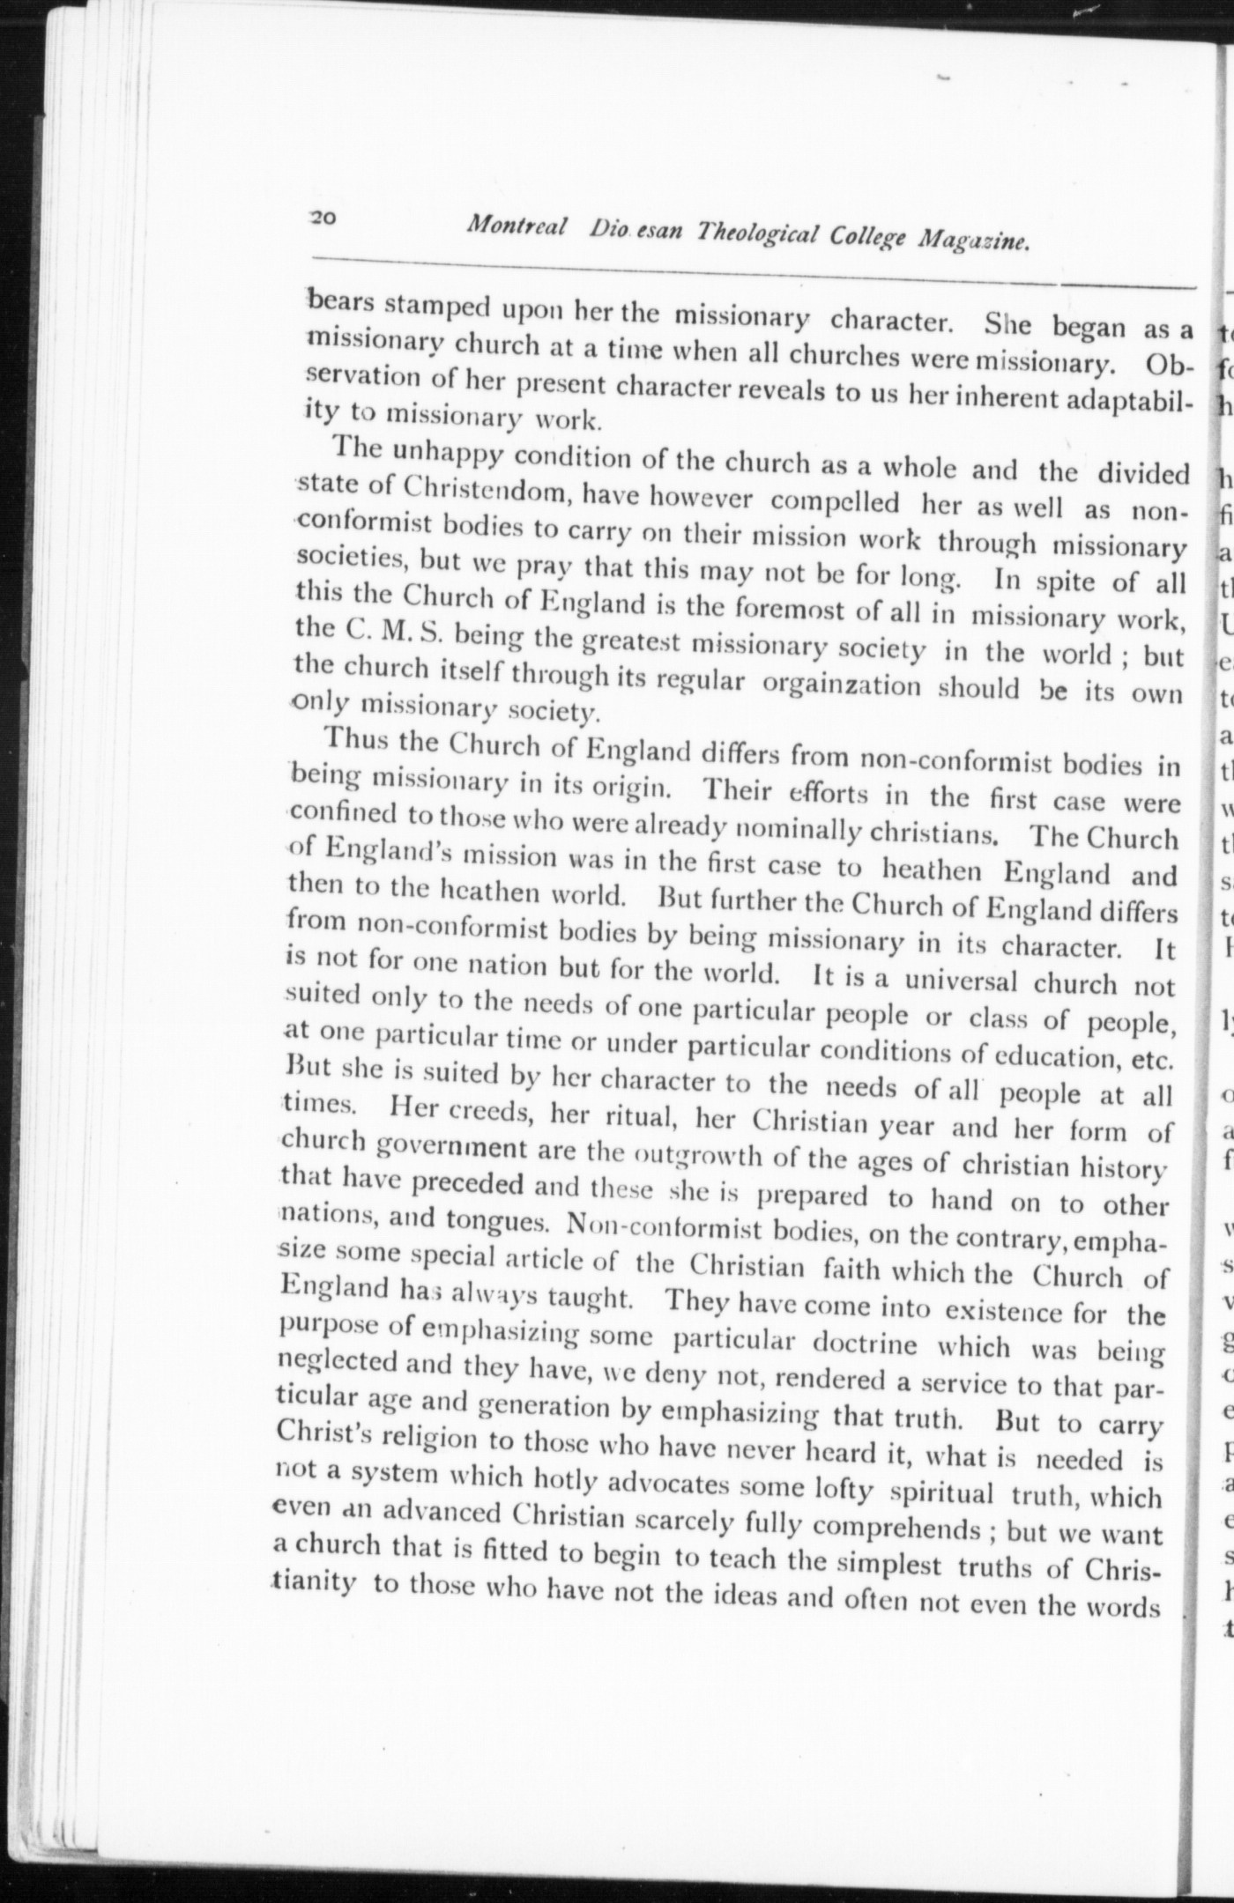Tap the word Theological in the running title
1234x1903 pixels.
click(757, 233)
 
